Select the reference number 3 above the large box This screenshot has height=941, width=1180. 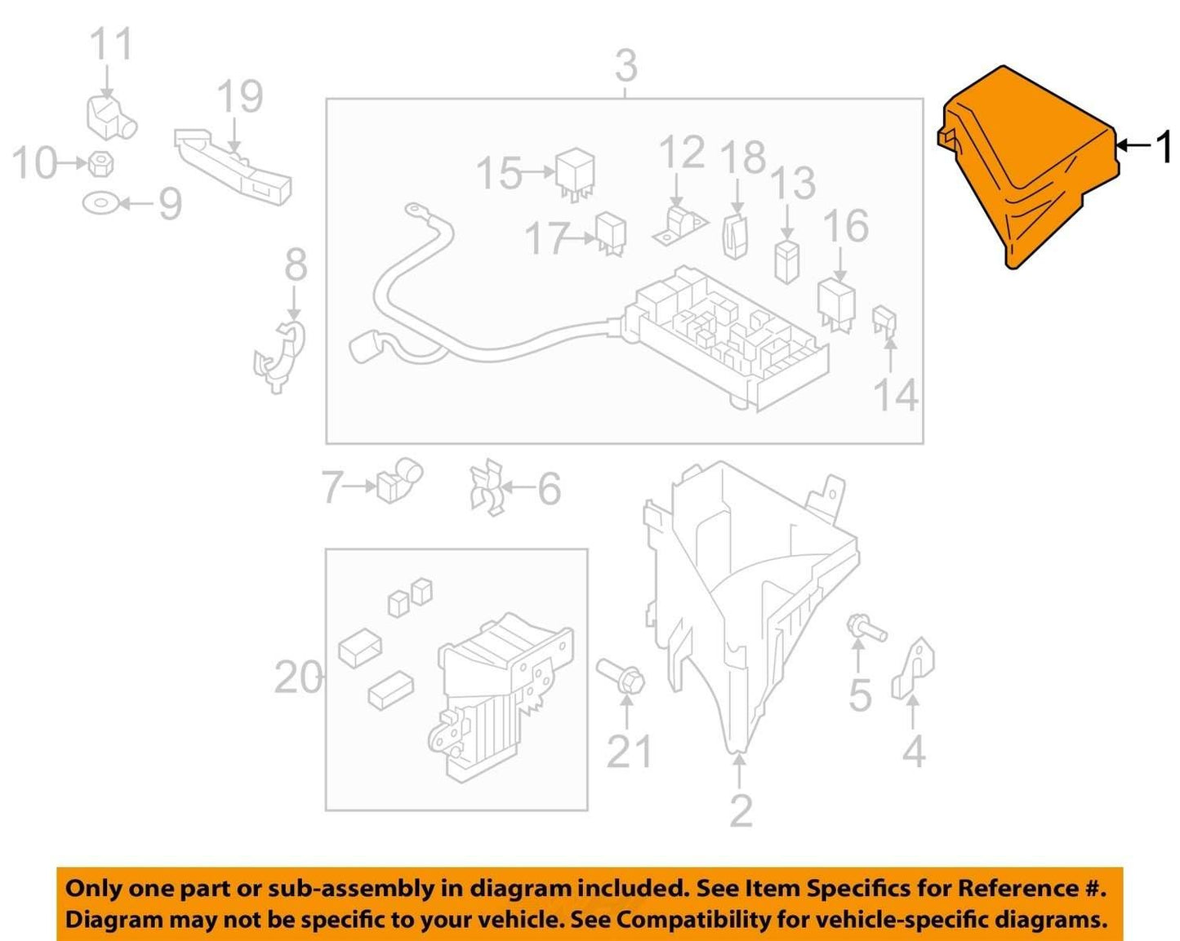point(626,66)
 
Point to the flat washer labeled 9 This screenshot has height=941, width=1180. point(100,203)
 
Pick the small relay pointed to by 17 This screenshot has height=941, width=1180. point(612,233)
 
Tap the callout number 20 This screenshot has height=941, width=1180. point(298,677)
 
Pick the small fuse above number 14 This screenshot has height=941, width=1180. point(884,321)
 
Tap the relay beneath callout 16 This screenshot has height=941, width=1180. point(836,304)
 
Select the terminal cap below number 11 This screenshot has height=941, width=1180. point(112,117)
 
